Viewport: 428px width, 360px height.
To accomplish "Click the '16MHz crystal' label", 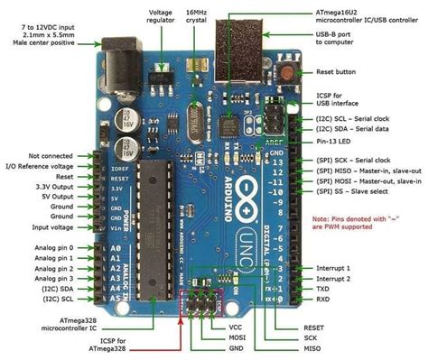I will click(200, 17).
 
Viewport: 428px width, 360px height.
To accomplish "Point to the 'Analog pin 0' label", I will click(35, 247).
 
